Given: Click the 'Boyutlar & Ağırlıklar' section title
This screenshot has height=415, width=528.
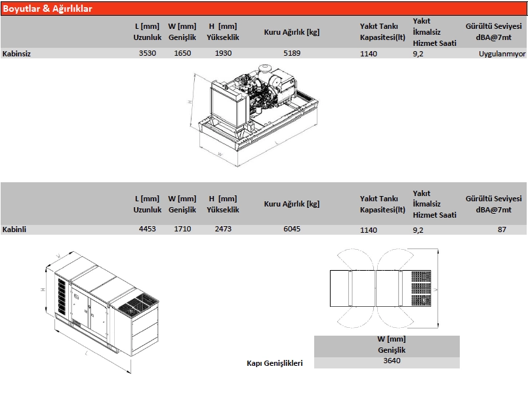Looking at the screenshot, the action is [47, 9].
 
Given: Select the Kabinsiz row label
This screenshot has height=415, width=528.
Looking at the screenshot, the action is [16, 54].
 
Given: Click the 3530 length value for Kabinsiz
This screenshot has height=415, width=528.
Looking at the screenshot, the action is [148, 53].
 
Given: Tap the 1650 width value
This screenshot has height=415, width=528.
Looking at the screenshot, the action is [182, 53].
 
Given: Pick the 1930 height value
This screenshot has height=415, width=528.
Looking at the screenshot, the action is [223, 53].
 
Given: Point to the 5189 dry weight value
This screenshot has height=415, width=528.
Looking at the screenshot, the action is [292, 53].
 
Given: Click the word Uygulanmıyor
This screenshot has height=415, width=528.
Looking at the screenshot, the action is [502, 54].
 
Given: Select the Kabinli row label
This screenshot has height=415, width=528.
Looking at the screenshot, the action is [14, 229].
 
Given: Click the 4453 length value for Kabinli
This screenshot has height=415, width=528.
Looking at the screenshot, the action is [148, 229].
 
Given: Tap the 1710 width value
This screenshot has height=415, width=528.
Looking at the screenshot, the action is [182, 229].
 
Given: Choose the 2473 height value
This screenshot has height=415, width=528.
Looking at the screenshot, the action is [223, 229].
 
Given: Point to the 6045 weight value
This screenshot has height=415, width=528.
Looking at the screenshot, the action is [292, 229].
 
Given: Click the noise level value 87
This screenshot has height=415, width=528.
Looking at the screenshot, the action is [502, 229].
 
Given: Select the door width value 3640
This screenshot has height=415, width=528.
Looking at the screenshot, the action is [392, 361].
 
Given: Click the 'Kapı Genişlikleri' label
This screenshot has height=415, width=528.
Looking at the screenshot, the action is [275, 363].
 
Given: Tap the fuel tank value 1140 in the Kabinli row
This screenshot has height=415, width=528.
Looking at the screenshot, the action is [369, 230].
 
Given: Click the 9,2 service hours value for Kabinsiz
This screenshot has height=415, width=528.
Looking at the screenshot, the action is [418, 54].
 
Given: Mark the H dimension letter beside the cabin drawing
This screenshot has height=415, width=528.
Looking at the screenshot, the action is [43, 290].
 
